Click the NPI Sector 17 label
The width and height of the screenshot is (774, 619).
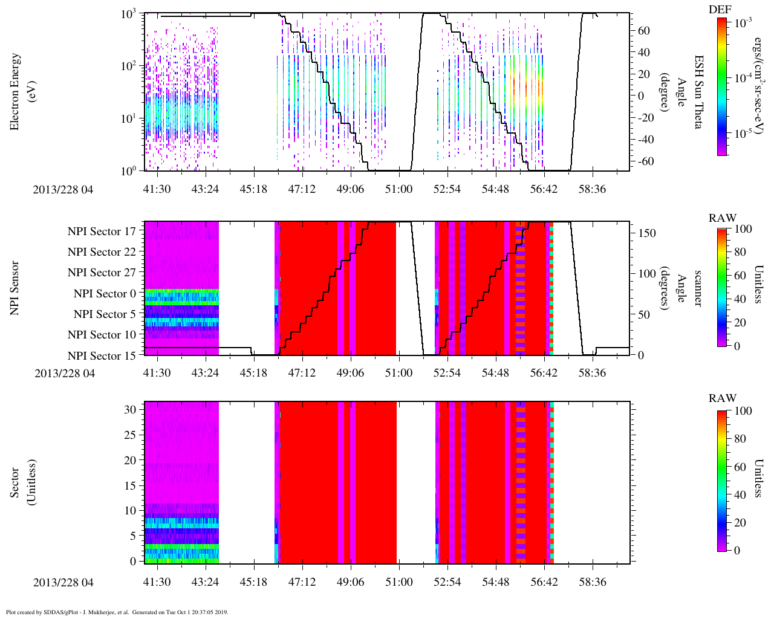[102, 232]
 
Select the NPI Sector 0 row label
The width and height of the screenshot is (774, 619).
[105, 294]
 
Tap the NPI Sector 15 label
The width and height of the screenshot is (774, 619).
[102, 356]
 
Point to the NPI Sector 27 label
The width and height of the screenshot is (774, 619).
[102, 273]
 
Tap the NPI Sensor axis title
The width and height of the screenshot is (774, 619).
[16, 288]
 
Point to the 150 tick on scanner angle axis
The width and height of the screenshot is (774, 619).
[647, 233]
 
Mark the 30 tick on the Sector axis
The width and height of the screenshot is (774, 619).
[131, 409]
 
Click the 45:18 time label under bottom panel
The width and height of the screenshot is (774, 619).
[253, 582]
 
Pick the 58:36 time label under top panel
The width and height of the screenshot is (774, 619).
[592, 189]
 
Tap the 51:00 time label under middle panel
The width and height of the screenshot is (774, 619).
[398, 373]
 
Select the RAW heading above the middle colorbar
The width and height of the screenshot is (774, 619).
[723, 218]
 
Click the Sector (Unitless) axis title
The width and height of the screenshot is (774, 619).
[21, 482]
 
